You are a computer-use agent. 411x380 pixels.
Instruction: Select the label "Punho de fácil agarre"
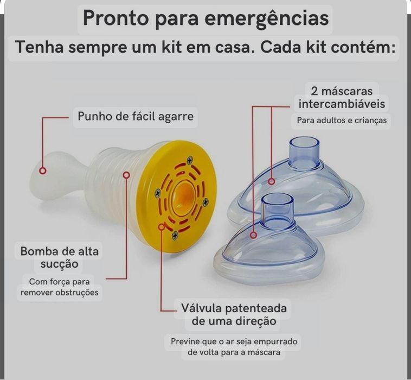(x=135, y=116)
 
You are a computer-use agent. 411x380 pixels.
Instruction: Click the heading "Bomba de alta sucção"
(x=60, y=258)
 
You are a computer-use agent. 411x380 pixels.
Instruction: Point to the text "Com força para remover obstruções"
(x=60, y=287)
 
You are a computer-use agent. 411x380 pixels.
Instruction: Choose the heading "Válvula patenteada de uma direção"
(x=234, y=315)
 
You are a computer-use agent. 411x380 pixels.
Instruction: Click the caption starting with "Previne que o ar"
(x=234, y=347)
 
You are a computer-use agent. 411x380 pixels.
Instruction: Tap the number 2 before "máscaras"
(x=315, y=90)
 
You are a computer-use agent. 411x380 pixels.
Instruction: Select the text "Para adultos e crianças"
(x=342, y=120)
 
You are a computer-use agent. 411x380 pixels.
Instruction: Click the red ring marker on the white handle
(x=43, y=171)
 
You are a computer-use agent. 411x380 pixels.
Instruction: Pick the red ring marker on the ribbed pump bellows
(x=126, y=175)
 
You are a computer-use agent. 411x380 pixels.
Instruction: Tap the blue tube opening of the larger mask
(x=304, y=143)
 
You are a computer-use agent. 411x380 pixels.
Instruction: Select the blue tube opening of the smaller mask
(x=277, y=199)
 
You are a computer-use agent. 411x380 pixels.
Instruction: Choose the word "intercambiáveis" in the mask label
(x=342, y=103)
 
